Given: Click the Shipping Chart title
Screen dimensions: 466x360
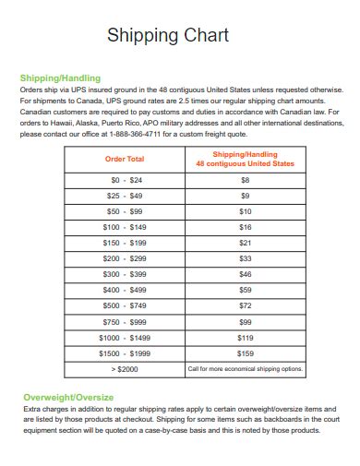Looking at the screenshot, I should [168, 36].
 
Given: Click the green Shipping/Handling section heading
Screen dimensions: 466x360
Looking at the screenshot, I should [60, 78].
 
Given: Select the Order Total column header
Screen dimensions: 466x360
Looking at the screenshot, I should [125, 159].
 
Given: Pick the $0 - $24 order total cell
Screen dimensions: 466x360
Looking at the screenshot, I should [125, 180].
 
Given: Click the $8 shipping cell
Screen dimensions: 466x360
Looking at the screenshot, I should [245, 180].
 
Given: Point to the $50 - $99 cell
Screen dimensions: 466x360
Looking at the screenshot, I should [125, 211].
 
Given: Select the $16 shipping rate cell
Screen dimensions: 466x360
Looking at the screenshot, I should [245, 227].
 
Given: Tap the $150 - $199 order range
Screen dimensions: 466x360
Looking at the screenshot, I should [125, 243].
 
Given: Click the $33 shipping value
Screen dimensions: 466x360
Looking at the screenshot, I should [245, 258].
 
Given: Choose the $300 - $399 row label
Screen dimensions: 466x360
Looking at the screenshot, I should [125, 274].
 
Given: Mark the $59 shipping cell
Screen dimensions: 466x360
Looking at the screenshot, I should [245, 290].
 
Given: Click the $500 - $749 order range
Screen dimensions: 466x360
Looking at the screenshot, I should [125, 305].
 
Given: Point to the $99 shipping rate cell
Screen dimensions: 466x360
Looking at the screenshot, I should [245, 322].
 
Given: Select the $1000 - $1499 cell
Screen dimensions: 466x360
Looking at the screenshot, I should [125, 338].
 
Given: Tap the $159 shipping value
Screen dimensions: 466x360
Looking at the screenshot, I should [245, 353].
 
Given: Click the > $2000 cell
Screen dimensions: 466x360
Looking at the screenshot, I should [125, 369].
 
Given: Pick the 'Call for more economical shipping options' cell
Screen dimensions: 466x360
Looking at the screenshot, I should [245, 369].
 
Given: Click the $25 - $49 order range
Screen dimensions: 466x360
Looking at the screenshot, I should [125, 196].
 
